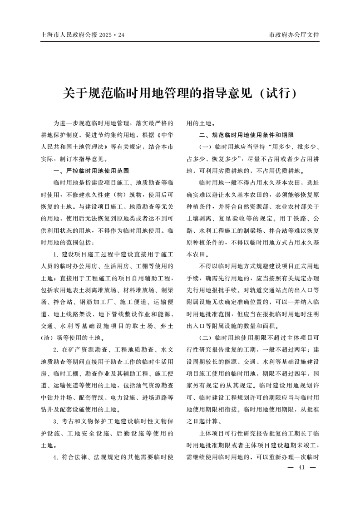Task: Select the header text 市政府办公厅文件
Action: (294, 34)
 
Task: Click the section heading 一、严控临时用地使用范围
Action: (91, 171)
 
